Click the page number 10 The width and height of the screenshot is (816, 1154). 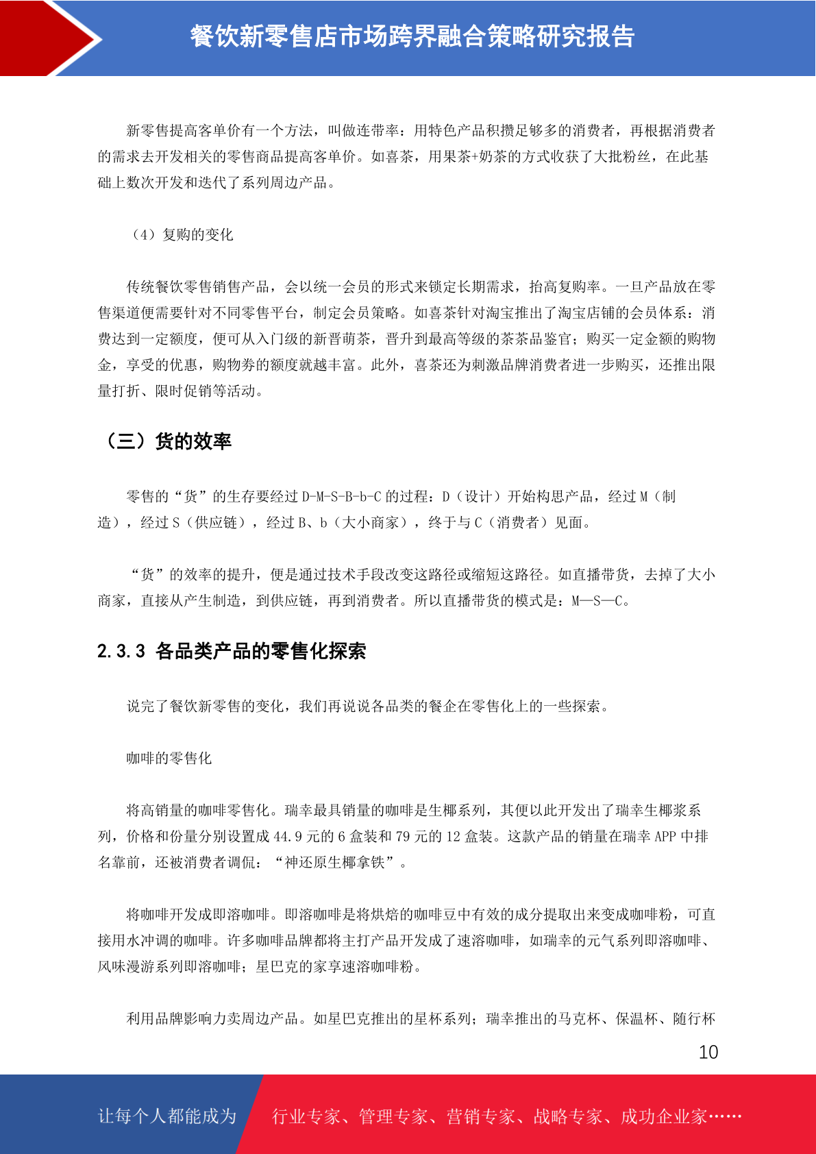click(x=708, y=1052)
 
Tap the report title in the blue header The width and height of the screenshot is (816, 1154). click(x=412, y=36)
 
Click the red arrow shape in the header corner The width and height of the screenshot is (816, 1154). click(x=48, y=38)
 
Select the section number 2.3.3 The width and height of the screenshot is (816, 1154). click(x=121, y=651)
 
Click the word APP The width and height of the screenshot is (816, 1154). click(x=665, y=837)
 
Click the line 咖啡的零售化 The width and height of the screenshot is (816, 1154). click(x=169, y=759)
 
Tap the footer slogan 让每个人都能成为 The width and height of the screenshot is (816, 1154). click(x=167, y=1116)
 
